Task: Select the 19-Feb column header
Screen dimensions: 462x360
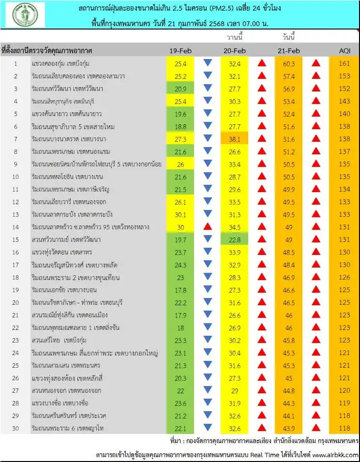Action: [x=180, y=51]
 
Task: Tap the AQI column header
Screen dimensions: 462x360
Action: [x=345, y=51]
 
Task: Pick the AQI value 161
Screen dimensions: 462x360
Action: [x=345, y=63]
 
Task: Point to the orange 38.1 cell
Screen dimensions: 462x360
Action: [x=235, y=138]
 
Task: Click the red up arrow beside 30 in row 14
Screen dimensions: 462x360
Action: [x=208, y=226]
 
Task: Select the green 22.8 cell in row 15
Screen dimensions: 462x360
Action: [x=235, y=239]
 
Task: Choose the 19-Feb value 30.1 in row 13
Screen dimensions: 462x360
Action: [x=180, y=214]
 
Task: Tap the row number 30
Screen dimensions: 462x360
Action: [x=15, y=428]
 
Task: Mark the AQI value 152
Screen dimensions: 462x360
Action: [x=345, y=89]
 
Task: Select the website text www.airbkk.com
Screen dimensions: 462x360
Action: [x=335, y=455]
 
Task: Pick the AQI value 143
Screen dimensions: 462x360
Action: [x=345, y=101]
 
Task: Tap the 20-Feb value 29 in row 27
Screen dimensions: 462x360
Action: [x=235, y=390]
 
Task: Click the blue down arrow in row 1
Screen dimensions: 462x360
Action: [x=208, y=63]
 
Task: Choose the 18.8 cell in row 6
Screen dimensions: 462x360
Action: [x=180, y=126]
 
